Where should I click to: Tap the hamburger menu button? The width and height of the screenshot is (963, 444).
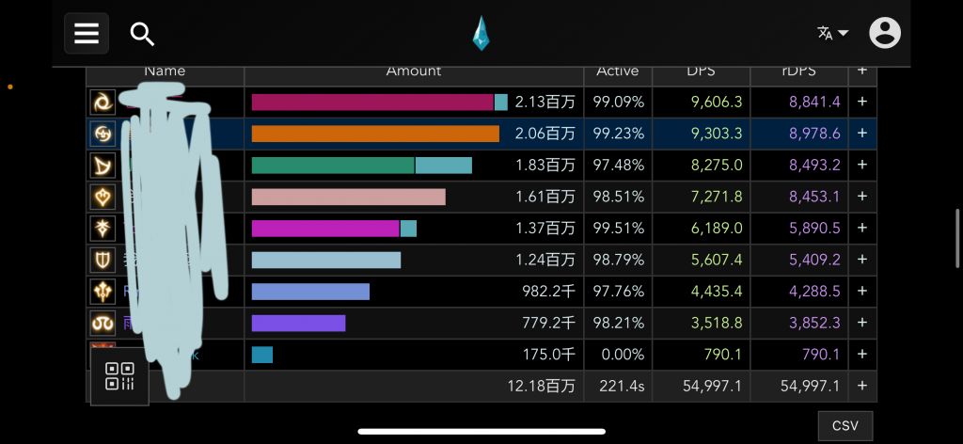87,34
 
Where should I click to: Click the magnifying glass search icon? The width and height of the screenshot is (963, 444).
142,35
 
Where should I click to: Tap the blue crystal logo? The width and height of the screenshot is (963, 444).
481,34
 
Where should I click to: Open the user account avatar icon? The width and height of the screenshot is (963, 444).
885,33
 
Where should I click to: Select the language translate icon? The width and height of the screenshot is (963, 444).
832,33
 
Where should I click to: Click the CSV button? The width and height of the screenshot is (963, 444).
845,426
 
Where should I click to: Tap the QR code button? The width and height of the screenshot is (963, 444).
119,375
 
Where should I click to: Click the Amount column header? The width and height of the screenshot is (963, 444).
413,71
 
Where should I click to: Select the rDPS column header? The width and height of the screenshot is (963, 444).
798,71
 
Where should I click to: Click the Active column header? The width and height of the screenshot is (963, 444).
617,71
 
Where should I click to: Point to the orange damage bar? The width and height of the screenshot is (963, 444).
375,134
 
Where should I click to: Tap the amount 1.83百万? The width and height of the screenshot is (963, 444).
545,166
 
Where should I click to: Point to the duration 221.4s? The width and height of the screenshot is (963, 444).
618,387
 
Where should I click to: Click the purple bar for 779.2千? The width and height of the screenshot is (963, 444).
298,324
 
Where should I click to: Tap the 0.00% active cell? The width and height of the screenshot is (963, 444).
618,355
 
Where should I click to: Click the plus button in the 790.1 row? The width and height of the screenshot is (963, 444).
861,355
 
